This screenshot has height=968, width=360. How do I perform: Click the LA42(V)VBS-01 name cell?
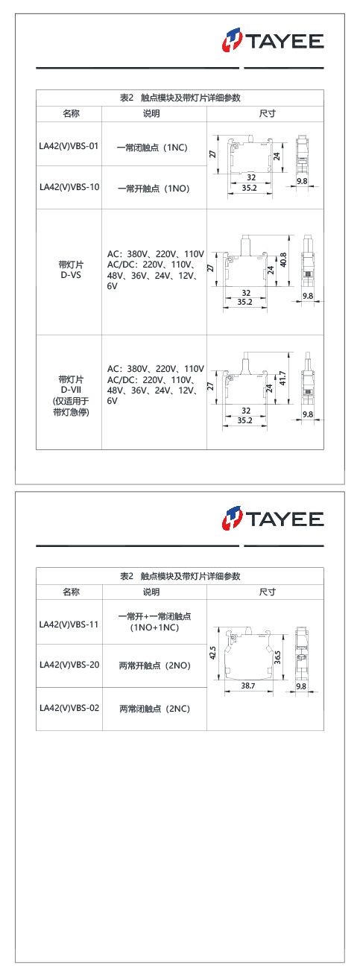[x=69, y=146]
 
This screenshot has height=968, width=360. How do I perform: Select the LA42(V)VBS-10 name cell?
[x=69, y=187]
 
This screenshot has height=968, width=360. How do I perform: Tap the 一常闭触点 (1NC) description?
[x=152, y=148]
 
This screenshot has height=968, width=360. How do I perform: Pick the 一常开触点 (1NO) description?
[x=154, y=189]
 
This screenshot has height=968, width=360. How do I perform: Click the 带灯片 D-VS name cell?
[x=71, y=270]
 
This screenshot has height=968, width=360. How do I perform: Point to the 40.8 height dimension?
[x=283, y=260]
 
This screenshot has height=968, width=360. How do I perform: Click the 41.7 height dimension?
[x=282, y=378]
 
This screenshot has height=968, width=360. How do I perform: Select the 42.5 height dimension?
[x=212, y=653]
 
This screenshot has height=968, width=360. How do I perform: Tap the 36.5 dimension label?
[x=277, y=657]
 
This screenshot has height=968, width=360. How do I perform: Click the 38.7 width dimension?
[x=248, y=686]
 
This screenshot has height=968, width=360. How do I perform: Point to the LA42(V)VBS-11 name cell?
[x=69, y=624]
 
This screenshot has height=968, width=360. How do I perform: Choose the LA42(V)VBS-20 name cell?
[x=69, y=665]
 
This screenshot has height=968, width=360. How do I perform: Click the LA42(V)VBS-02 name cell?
[x=69, y=708]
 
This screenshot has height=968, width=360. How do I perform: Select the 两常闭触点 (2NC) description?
[x=155, y=709]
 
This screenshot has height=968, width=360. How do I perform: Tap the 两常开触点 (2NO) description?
[x=155, y=665]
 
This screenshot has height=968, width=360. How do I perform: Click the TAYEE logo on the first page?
[x=273, y=40]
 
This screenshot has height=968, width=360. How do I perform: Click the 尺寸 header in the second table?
[x=267, y=592]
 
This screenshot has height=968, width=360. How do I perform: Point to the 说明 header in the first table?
[x=151, y=114]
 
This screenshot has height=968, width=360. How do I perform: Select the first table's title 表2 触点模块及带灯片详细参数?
[x=180, y=98]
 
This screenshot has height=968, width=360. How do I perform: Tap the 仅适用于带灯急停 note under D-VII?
[x=71, y=407]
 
